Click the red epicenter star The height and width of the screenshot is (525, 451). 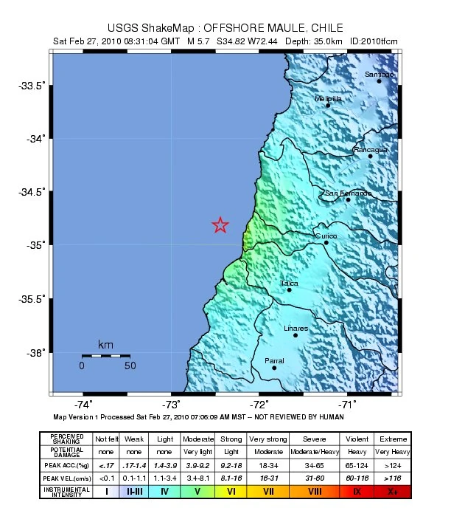[220, 225]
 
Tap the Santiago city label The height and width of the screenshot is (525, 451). [380, 75]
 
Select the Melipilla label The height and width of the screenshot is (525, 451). [328, 98]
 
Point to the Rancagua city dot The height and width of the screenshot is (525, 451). [371, 156]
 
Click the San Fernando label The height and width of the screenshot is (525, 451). [349, 193]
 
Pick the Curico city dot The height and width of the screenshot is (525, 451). [326, 242]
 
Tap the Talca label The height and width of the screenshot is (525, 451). [288, 283]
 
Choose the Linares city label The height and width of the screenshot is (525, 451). [296, 329]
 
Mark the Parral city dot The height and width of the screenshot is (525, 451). [274, 367]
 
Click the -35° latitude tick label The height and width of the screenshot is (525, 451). [37, 245]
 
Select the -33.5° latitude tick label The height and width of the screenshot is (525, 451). [34, 86]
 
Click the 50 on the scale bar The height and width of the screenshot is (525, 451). [130, 365]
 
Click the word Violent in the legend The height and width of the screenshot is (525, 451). [357, 439]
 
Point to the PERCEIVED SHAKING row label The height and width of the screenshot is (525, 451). [71, 439]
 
